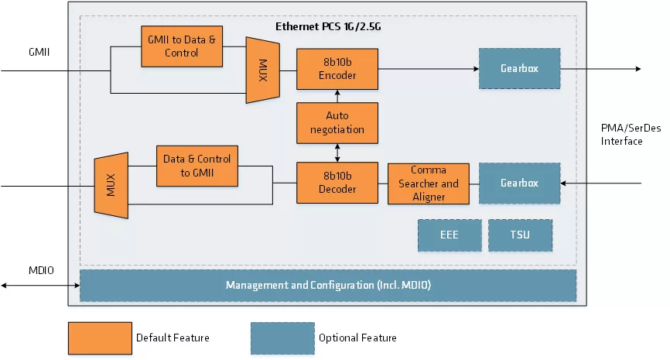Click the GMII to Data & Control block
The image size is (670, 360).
pyautogui.click(x=182, y=46)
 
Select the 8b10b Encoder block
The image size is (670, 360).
pyautogui.click(x=337, y=68)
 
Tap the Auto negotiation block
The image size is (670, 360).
pyautogui.click(x=337, y=122)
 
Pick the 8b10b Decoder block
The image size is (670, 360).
pyautogui.click(x=337, y=183)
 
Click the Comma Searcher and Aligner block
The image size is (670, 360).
pyautogui.click(x=428, y=183)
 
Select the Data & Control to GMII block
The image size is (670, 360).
pyautogui.click(x=197, y=165)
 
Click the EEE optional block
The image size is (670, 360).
pyautogui.click(x=449, y=235)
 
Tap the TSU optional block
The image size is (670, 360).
pyautogui.click(x=520, y=235)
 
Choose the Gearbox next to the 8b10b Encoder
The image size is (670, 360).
pyautogui.click(x=518, y=68)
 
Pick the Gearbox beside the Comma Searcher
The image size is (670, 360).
pyautogui.click(x=518, y=183)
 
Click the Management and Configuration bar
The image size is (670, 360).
pyautogui.click(x=328, y=285)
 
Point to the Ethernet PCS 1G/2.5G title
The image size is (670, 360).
pyautogui.click(x=329, y=26)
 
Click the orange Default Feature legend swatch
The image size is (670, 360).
pyautogui.click(x=99, y=338)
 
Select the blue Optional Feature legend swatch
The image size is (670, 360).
pyautogui.click(x=282, y=338)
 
